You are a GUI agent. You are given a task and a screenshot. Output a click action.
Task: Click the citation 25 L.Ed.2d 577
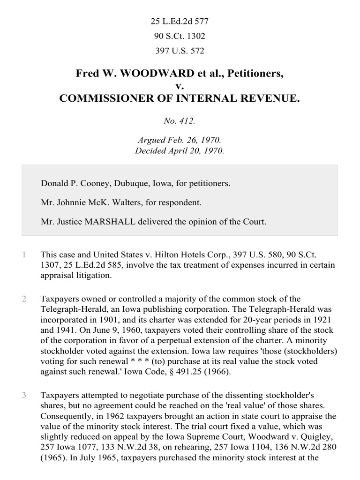(x=180, y=21)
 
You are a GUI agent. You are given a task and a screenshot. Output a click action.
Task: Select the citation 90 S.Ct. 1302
(x=180, y=36)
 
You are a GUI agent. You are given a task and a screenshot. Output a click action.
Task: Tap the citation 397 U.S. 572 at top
(x=180, y=51)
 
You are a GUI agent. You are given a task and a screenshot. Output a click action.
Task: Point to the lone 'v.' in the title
(x=180, y=86)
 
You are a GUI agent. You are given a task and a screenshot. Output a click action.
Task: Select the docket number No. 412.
(x=180, y=121)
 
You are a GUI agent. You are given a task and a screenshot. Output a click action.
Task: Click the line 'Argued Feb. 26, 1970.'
(x=180, y=140)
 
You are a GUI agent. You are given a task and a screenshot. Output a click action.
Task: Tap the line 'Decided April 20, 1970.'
(x=180, y=150)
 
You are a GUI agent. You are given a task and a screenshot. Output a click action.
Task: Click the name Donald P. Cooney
(x=70, y=183)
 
